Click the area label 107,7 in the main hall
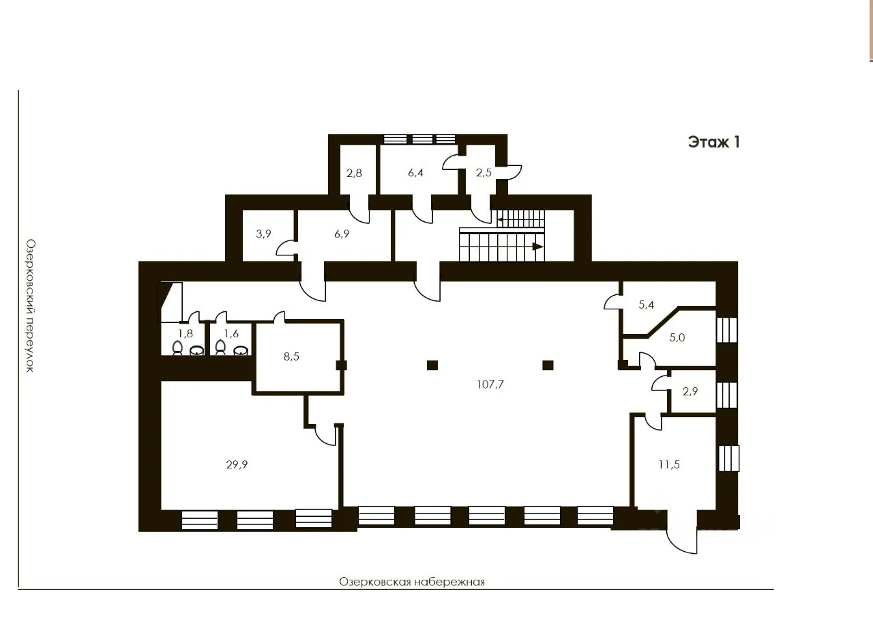coord(490,384)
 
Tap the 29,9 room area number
coord(237,464)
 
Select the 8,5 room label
coord(291,356)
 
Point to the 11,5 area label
coord(669,464)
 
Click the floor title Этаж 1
coord(713,142)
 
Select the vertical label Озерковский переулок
coord(31,306)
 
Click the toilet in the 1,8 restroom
coord(177,348)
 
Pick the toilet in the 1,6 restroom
coord(220,348)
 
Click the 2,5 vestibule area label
coord(484,173)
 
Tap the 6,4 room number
coord(415,173)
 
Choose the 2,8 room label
coord(354,173)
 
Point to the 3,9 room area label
coord(263,234)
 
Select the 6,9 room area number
coord(342,234)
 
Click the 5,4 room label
coord(646,305)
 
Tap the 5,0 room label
coord(677,337)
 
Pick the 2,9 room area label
coord(690,391)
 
